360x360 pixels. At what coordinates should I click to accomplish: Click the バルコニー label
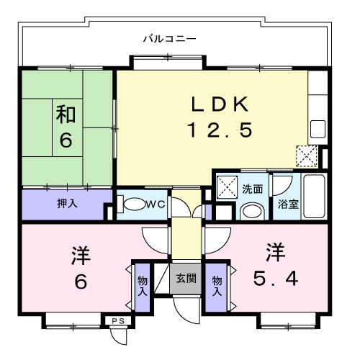169,37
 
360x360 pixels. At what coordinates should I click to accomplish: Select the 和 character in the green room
66,114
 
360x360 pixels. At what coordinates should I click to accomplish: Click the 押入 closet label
67,204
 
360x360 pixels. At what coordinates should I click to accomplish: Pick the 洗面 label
252,189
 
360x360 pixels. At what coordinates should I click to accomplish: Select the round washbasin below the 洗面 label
251,211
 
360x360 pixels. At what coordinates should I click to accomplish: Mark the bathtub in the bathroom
314,196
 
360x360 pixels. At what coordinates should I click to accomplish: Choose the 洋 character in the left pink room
80,255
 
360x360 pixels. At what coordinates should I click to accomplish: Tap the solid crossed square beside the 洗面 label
228,189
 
